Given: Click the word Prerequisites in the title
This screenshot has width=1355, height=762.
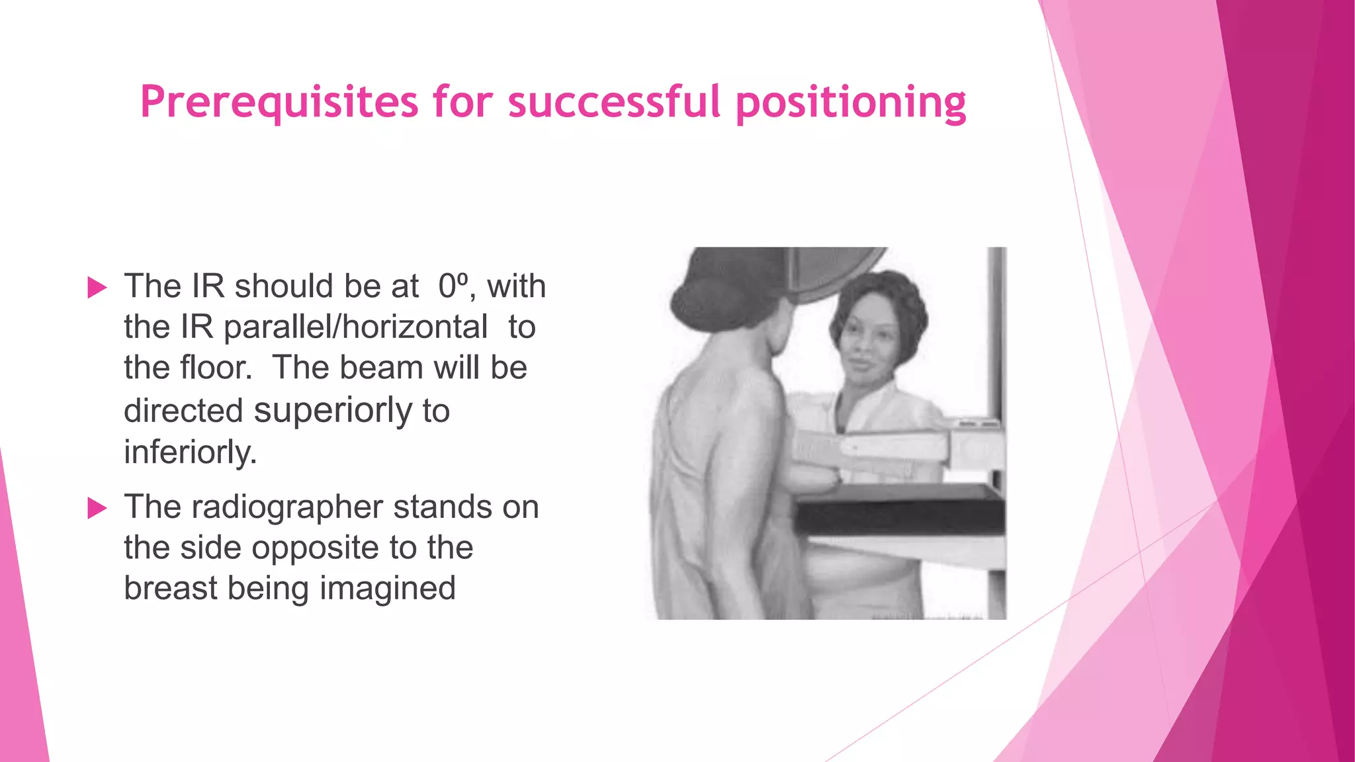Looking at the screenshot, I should point(279,103).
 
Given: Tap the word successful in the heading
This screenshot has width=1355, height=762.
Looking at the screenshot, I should point(613,102).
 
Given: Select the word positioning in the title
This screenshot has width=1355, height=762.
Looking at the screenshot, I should point(850,103).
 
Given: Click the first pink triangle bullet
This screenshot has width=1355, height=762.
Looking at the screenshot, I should point(97,288).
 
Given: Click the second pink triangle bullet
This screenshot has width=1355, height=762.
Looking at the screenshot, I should point(97,508).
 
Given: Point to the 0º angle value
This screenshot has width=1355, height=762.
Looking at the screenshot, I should point(453,286).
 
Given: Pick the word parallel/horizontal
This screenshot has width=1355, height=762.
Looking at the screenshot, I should point(355,327).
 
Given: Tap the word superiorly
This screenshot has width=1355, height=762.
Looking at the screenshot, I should point(333,410).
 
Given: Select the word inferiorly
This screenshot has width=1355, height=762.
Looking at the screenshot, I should point(190,452).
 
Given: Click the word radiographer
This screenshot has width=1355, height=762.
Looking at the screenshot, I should point(286,507).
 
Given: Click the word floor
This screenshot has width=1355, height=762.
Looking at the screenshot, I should point(216,368).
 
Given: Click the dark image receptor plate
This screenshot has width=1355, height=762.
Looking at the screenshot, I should point(900,509).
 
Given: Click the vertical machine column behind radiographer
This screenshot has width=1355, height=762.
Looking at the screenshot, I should point(996,331).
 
